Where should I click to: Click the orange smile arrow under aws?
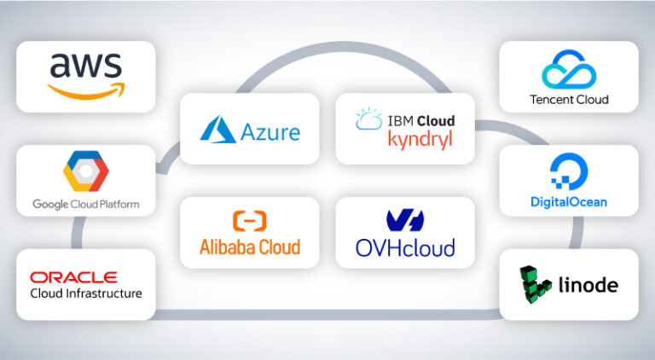[x=86, y=90]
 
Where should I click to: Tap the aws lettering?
[x=85, y=67]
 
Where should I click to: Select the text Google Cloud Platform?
[x=85, y=205]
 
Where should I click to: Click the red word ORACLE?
[x=73, y=277]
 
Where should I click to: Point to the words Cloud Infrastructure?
[x=85, y=294]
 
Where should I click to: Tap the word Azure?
[x=270, y=132]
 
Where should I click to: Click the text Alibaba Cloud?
[x=249, y=247]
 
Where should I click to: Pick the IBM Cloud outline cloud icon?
[x=368, y=120]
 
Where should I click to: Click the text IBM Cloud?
[x=417, y=121]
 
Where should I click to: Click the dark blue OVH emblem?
[x=404, y=221]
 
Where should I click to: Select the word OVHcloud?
[x=405, y=247]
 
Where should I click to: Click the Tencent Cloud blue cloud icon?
[x=568, y=69]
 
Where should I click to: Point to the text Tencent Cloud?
[x=568, y=100]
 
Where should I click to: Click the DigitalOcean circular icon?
[x=567, y=173]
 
